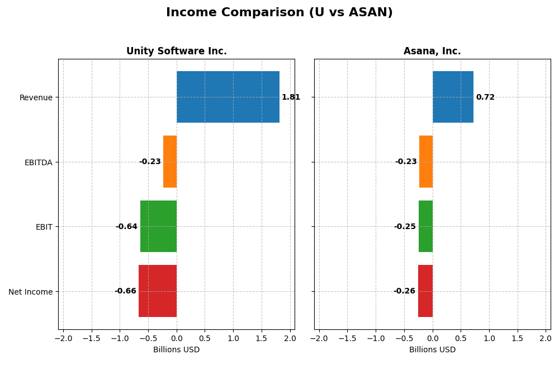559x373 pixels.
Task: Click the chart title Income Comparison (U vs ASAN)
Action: point(279,12)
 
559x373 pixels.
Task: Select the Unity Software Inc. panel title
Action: point(176,51)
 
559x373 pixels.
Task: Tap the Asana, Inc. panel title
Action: point(432,51)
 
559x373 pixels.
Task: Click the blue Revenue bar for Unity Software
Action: point(228,97)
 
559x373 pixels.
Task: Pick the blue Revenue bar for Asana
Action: point(453,97)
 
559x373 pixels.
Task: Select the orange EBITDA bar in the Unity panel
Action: point(170,162)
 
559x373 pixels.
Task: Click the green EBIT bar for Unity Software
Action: point(158,226)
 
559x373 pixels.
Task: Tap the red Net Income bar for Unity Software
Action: point(158,291)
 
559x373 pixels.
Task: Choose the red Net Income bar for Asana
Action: point(425,291)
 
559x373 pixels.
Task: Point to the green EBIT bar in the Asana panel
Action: point(425,226)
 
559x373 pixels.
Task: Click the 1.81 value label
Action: point(291,97)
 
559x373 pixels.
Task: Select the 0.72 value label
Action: point(485,97)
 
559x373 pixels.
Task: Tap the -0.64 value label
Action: point(126,227)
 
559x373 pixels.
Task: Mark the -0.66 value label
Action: point(125,291)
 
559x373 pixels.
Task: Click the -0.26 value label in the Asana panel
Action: point(404,291)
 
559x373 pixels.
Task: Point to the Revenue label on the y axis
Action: point(36,98)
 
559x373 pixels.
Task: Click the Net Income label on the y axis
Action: point(30,292)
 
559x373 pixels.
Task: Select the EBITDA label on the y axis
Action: point(38,162)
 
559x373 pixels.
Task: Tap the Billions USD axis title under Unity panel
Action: point(176,349)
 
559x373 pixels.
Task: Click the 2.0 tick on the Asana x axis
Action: point(546,338)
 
